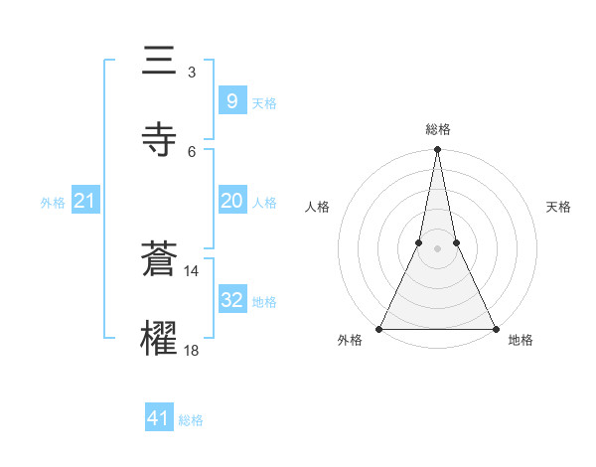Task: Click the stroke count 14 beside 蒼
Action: click(191, 270)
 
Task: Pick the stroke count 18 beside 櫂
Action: click(191, 350)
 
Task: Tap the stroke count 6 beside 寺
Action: click(191, 151)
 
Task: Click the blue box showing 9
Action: click(231, 100)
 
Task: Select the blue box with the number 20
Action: click(231, 201)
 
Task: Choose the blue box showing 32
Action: click(231, 300)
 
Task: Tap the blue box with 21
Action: click(84, 201)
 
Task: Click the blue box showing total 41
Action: click(159, 418)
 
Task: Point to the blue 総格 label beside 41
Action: click(191, 420)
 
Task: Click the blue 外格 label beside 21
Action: click(53, 203)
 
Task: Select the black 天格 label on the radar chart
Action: click(558, 207)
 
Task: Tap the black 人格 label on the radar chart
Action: click(317, 207)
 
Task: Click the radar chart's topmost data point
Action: click(437, 150)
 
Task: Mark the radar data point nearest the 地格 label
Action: click(495, 328)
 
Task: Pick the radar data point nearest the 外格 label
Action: click(379, 328)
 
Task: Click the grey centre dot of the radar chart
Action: click(437, 248)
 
